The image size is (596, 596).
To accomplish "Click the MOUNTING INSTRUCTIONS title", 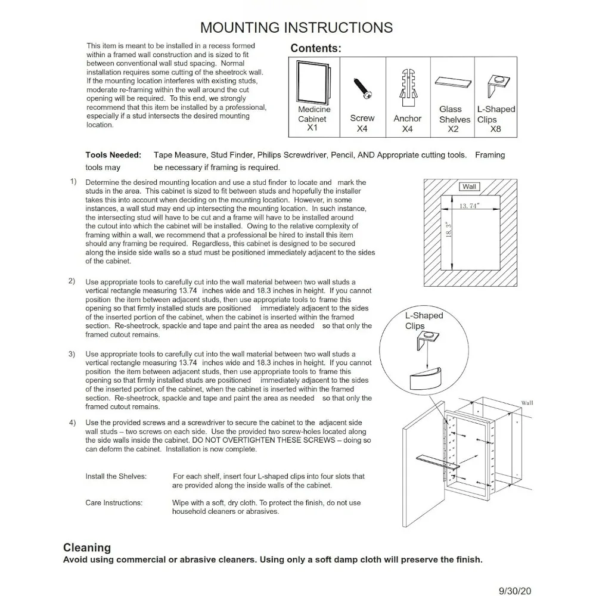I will pos(296,27).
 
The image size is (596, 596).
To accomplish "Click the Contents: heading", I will pos(315,49).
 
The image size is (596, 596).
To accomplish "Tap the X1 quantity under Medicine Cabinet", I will pos(313,128).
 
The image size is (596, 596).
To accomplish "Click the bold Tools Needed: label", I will pos(113,155).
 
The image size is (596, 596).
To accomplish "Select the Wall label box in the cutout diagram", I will pos(470,187).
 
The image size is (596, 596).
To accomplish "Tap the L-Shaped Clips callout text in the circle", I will pos(424,321).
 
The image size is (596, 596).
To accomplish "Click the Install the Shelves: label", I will pos(116,477).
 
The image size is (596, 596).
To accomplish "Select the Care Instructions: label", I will pos(114,503).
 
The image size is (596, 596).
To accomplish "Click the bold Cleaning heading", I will pos(87,547).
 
